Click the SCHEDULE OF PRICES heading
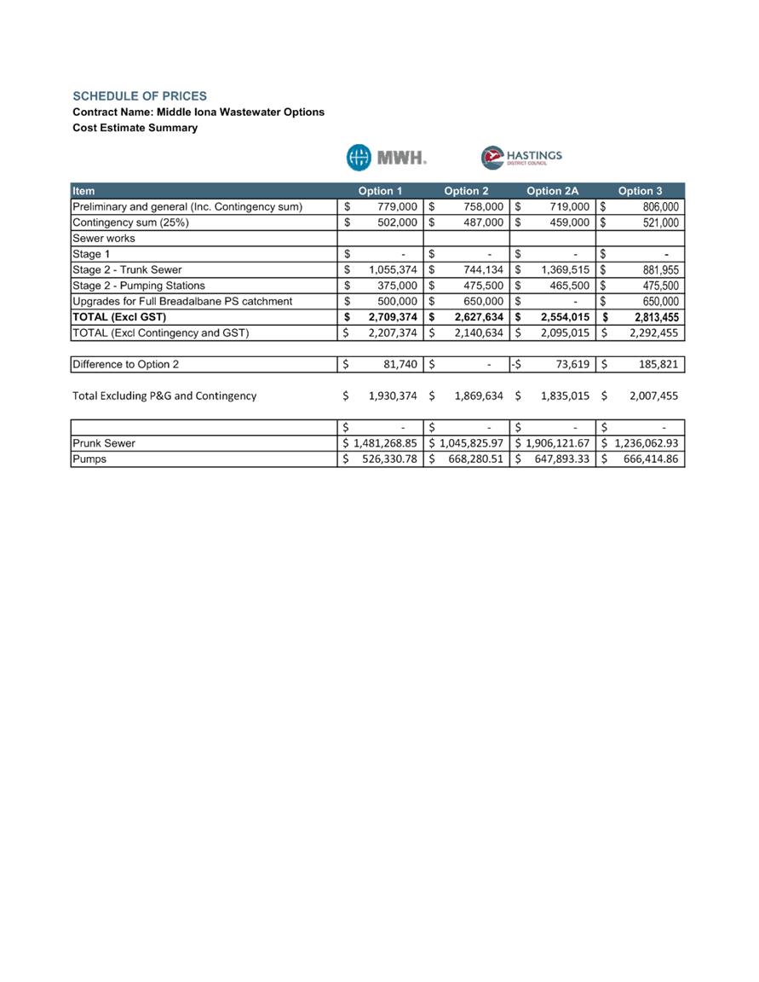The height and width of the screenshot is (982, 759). (x=140, y=96)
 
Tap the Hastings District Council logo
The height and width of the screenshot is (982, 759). (x=521, y=158)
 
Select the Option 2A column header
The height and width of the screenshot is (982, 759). (x=552, y=191)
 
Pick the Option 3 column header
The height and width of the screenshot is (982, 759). (x=640, y=191)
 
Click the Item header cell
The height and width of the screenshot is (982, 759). (x=84, y=191)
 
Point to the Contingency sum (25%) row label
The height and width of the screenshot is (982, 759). (x=131, y=222)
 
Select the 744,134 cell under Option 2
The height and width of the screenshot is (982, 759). (x=479, y=269)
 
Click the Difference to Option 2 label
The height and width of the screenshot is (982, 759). (x=126, y=365)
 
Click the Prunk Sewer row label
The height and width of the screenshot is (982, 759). (x=104, y=443)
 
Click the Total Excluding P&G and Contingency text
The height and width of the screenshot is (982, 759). (x=164, y=396)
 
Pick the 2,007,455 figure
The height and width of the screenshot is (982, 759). (x=648, y=396)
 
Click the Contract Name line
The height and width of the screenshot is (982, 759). (x=198, y=112)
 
